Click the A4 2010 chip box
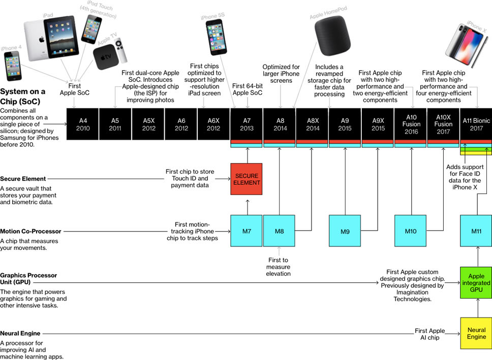83,124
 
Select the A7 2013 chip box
247,124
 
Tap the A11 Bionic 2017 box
476,124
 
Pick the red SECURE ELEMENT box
247,179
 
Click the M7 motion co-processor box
247,232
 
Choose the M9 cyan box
345,232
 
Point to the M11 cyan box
476,232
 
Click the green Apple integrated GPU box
476,282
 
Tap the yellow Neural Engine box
476,334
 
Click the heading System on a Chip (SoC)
23,95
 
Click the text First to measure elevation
278,267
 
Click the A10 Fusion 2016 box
411,124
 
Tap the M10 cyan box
411,232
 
